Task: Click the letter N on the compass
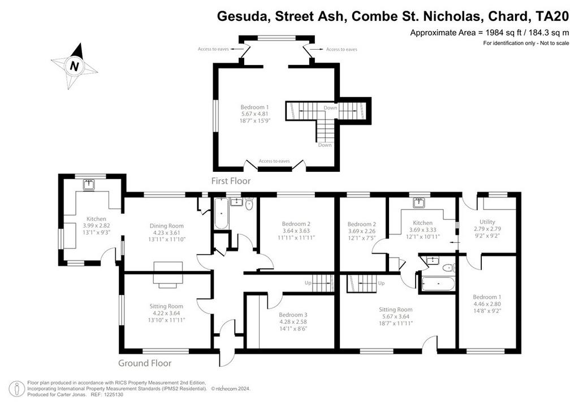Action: click(x=75, y=67)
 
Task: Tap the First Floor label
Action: click(x=231, y=181)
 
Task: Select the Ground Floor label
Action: click(x=145, y=363)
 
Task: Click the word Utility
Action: click(x=487, y=222)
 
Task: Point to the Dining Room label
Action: click(x=167, y=226)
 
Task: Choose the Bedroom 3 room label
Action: click(x=293, y=315)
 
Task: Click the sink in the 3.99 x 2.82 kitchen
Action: click(x=89, y=184)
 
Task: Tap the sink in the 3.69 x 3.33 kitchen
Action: click(x=419, y=203)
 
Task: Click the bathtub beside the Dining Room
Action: click(x=221, y=214)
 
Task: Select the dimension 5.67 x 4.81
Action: click(x=255, y=114)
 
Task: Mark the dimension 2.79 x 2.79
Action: click(x=487, y=229)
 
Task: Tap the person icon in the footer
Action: click(x=16, y=389)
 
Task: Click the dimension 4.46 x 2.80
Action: click(x=487, y=304)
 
